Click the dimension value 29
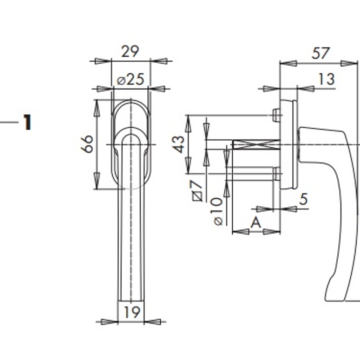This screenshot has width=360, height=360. point(130,51)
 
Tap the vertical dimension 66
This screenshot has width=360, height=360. point(87,144)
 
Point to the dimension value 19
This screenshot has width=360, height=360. point(131,312)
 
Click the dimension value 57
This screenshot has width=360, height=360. point(321,53)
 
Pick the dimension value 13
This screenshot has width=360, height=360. point(326,79)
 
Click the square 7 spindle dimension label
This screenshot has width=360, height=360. point(196,191)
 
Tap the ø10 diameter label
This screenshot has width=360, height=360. point(216,211)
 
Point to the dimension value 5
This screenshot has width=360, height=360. point(303,199)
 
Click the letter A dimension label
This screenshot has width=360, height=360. point(256,223)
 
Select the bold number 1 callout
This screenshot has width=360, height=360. point(27,123)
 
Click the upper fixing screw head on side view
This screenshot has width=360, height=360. point(276,115)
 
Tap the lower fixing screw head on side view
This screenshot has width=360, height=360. point(276,174)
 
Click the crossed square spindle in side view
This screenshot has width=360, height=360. point(255,144)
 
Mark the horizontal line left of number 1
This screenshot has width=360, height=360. point(9,123)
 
